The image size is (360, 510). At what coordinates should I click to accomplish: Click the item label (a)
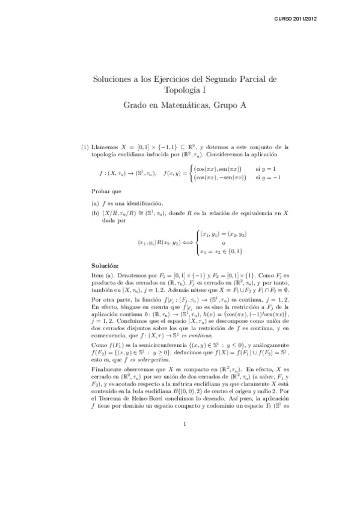coord(95,203)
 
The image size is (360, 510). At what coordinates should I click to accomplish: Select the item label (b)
coord(95,212)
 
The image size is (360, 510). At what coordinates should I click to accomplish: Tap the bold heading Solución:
coord(105,265)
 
